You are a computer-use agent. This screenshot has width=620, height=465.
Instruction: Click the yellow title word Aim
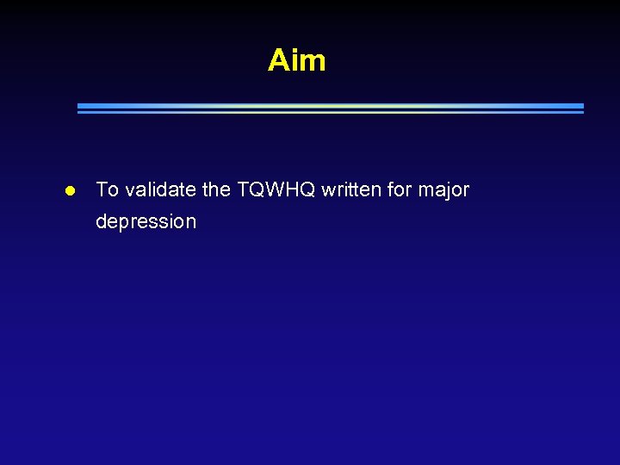(296, 60)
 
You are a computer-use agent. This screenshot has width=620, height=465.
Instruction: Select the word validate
(163, 189)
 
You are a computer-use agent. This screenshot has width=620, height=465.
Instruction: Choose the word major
(443, 190)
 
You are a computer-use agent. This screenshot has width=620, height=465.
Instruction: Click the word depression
(146, 222)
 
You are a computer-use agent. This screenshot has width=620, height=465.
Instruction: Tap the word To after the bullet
(107, 189)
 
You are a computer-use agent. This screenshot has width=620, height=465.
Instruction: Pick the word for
(400, 189)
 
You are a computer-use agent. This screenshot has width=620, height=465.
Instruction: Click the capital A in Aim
(278, 60)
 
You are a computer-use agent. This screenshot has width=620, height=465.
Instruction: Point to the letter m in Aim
(313, 62)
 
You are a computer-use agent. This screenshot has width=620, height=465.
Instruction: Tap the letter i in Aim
(295, 60)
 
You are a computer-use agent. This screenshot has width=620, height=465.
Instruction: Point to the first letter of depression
(102, 221)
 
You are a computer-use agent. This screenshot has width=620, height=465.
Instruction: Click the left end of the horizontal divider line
(79, 108)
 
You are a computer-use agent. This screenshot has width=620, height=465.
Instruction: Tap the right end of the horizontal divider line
(582, 108)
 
